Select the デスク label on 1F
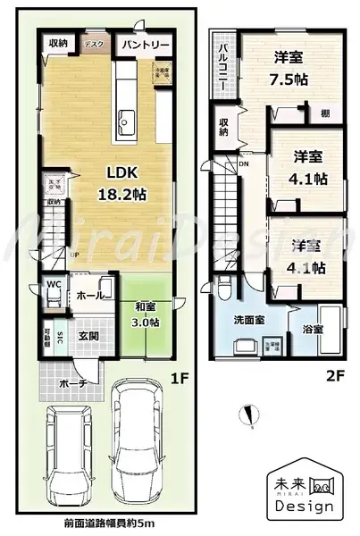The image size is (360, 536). [93, 42]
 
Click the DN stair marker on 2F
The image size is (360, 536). [244, 165]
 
